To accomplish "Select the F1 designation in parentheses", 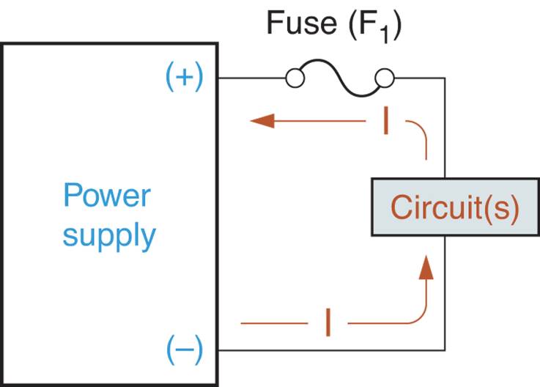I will pos(376,26).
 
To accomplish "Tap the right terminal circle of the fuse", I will pos(385,78).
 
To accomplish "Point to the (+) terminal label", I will pos(184,78).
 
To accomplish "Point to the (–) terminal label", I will pos(184,350).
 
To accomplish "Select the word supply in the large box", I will pos(108,236).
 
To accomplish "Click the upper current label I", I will pos(385,122).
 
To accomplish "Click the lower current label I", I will pos(328,322).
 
